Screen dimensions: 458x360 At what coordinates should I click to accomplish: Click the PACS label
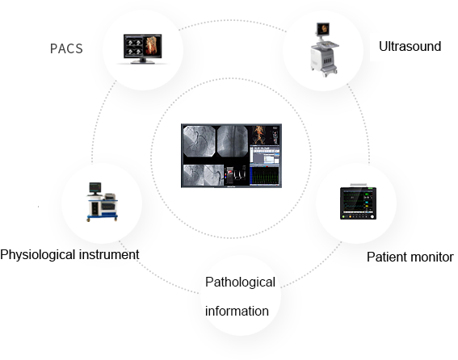[x=66, y=48]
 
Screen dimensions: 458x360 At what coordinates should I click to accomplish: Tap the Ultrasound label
[x=410, y=47]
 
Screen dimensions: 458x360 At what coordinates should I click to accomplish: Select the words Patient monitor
[x=410, y=257]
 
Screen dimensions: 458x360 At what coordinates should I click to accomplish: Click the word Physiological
[x=38, y=255]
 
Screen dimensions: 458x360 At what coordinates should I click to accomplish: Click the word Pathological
[x=240, y=283]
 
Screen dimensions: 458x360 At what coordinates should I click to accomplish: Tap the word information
[x=237, y=312]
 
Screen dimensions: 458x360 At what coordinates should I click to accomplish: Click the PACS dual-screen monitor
[x=142, y=48]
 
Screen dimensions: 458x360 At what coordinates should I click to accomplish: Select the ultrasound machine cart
[x=324, y=49]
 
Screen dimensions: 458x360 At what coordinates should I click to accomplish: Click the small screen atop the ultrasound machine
[x=323, y=29]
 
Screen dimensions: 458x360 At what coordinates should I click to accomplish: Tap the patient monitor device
[x=358, y=202]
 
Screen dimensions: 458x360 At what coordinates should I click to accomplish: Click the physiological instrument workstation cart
[x=102, y=202]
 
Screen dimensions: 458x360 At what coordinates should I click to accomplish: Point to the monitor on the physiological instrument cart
[x=95, y=188]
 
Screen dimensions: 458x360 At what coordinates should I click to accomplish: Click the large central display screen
[x=231, y=156]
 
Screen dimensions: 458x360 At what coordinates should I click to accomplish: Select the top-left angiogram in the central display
[x=200, y=141]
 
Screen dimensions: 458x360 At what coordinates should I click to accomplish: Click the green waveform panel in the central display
[x=265, y=175]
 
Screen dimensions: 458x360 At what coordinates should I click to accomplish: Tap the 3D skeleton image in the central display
[x=258, y=135]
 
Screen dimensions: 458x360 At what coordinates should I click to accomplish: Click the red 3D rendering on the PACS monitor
[x=153, y=46]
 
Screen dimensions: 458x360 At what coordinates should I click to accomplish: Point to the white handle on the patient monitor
[x=359, y=185]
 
